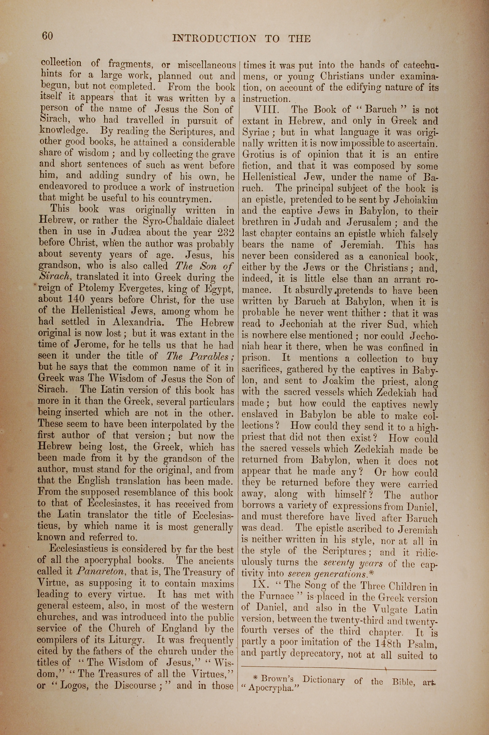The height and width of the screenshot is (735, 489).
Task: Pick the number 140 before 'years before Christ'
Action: click(76, 299)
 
